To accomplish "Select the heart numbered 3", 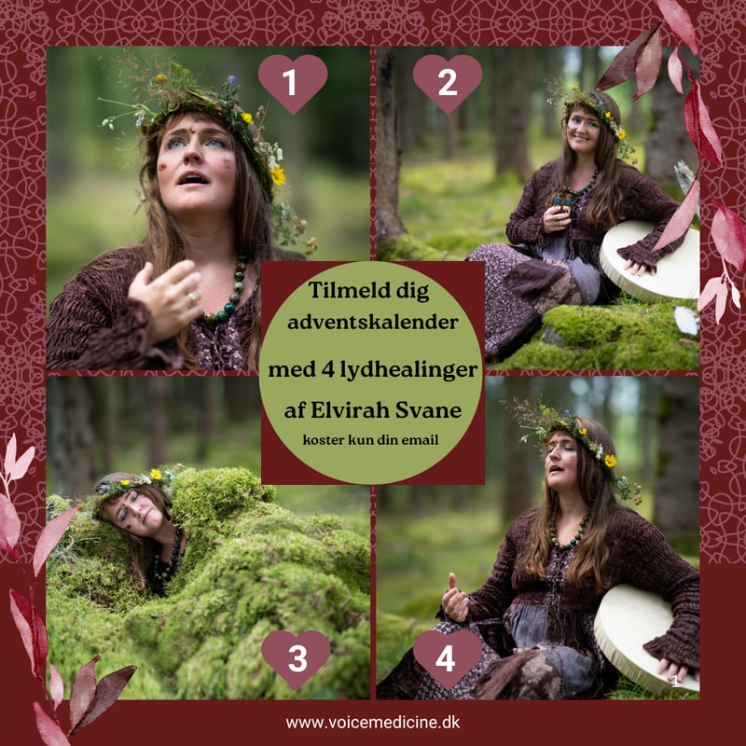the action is pyautogui.click(x=296, y=659).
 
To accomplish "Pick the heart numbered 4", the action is pyautogui.click(x=448, y=659).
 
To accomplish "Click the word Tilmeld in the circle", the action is pyautogui.click(x=342, y=289).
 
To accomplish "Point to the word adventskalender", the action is pyautogui.click(x=372, y=322).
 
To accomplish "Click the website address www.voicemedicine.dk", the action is pyautogui.click(x=372, y=722).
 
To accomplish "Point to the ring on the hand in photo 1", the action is pyautogui.click(x=192, y=297).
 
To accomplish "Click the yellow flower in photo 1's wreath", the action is pyautogui.click(x=277, y=175).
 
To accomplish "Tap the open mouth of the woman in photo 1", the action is pyautogui.click(x=194, y=179).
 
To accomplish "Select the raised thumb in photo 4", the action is pyautogui.click(x=451, y=581).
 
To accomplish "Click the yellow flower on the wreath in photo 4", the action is pyautogui.click(x=610, y=461).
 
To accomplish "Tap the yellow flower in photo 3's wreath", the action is pyautogui.click(x=155, y=475).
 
